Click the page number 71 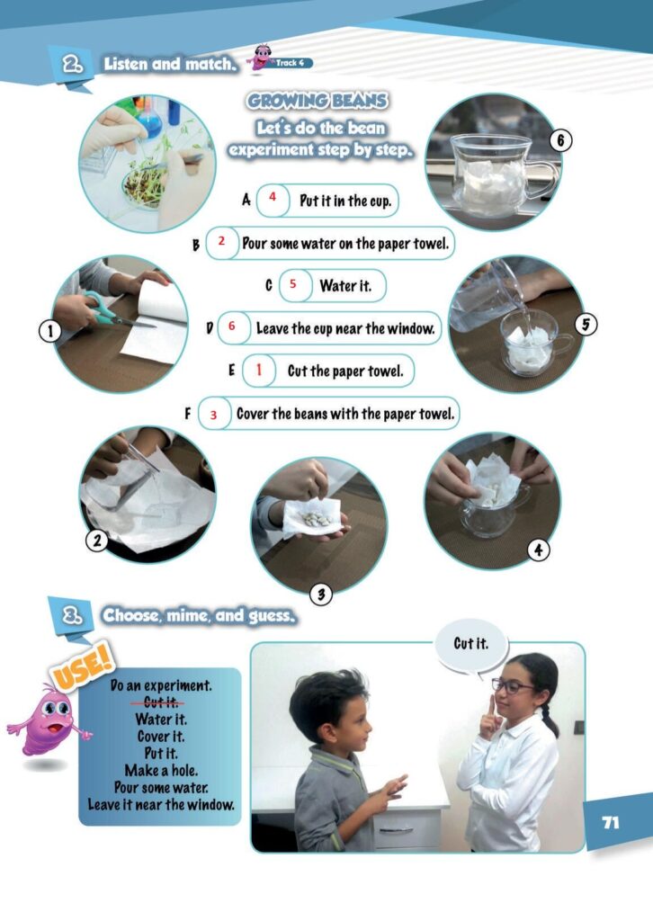pos(611,822)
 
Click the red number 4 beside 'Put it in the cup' pos(273,197)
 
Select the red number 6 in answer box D pos(231,326)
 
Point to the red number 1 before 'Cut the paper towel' pos(258,370)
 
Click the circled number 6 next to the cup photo pos(560,140)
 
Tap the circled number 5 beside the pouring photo pos(585,324)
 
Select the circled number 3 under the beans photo pos(320,595)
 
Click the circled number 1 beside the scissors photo pos(49,331)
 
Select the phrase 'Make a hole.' pos(161,770)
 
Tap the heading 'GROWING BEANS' pos(318,101)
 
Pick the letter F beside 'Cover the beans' pos(187,414)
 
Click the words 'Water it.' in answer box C pos(345,286)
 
